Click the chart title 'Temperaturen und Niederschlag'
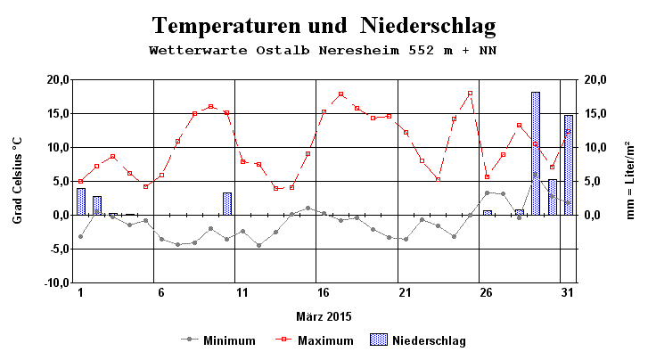(323, 25)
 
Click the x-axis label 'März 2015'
(323, 315)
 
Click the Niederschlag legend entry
(414, 340)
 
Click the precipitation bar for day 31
(568, 165)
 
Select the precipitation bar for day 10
(227, 204)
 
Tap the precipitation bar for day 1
(81, 201)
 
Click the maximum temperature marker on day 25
(470, 94)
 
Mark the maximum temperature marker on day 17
(340, 94)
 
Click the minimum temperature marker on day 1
(80, 236)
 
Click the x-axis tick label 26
(485, 292)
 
